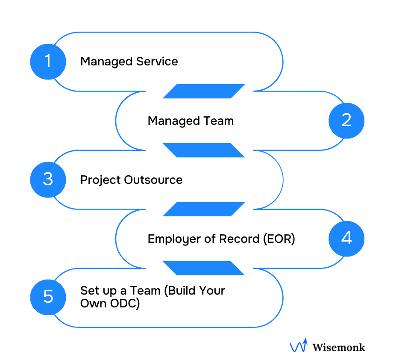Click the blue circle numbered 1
point(48,62)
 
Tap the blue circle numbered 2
point(346,121)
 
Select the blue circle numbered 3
point(48,180)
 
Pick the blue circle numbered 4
point(346,239)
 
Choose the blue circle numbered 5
point(48,297)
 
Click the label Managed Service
point(129,62)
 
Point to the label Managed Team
point(191,121)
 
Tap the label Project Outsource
point(131,180)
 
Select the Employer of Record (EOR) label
point(221,239)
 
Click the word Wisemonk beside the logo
point(339,347)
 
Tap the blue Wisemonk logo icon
point(298,345)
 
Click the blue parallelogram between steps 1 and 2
point(204,91)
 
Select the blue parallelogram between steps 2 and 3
point(204,150)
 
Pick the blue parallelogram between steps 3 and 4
point(204,209)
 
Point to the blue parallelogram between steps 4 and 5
point(204,268)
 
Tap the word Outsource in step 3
point(153,180)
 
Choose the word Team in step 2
point(219,121)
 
